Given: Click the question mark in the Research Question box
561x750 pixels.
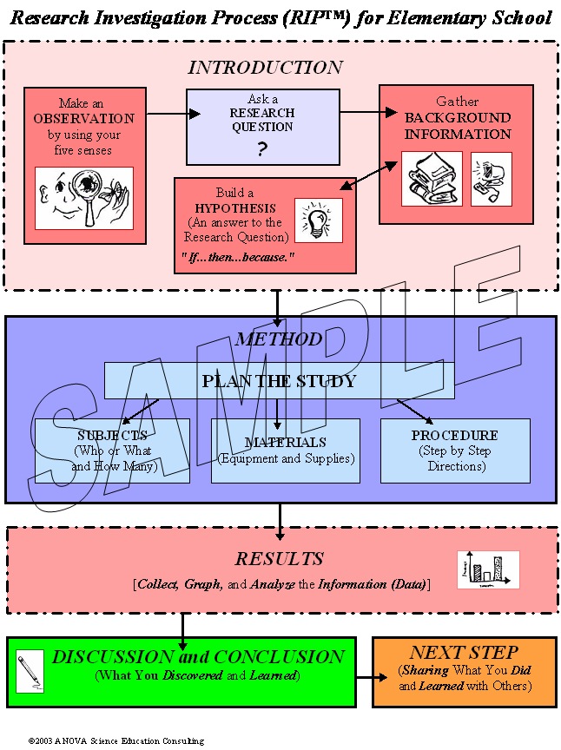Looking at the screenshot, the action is coord(261,149).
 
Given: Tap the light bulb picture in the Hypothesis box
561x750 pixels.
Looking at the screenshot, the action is coord(319,220).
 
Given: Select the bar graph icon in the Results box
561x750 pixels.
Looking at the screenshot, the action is coord(488,569).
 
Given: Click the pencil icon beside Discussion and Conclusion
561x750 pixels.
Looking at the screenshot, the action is coord(30,671).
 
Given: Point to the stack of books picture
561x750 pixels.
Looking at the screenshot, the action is coord(432,179).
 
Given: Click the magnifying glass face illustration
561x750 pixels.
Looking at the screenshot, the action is coord(84,198).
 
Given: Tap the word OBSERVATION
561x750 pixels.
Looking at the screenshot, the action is coord(84,119).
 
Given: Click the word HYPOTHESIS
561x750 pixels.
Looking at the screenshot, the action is coord(235,208).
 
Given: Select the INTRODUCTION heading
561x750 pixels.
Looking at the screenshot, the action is coord(265,68).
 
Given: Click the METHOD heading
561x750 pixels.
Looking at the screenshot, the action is coord(279,339).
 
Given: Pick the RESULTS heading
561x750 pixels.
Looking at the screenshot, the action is coord(280,559).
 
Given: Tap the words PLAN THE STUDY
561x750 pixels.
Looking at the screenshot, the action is coord(279,381).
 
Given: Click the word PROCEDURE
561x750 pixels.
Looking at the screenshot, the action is coord(455,435).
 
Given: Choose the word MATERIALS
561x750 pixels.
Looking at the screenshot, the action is coord(286,443).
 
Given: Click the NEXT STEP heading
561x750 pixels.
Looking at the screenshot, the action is coord(464,653).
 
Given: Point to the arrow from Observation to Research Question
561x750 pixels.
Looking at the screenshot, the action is coord(174,114).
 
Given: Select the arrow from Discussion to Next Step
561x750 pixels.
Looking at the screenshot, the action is coord(372,677).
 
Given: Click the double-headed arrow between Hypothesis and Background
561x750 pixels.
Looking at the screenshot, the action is coord(368,175).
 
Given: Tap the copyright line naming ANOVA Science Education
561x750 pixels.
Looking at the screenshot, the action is coord(116,741).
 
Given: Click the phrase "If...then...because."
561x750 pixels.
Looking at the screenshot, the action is coord(238,257).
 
